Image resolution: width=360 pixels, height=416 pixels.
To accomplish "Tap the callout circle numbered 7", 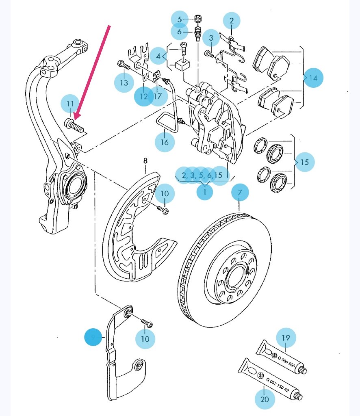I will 240,193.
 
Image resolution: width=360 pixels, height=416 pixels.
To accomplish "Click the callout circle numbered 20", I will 265,399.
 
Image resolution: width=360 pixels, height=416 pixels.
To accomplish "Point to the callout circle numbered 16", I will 164,142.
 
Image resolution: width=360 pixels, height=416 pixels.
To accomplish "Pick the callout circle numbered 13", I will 124,83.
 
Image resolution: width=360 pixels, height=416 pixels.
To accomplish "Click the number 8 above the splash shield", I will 146,161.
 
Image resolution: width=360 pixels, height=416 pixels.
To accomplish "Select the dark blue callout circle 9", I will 94,338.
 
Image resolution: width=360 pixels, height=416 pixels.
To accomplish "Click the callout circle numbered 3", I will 211,38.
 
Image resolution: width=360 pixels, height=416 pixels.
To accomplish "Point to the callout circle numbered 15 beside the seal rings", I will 305,162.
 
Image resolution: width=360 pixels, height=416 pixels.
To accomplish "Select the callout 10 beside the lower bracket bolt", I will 145,338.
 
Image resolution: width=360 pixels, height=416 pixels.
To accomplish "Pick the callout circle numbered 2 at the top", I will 231,20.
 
